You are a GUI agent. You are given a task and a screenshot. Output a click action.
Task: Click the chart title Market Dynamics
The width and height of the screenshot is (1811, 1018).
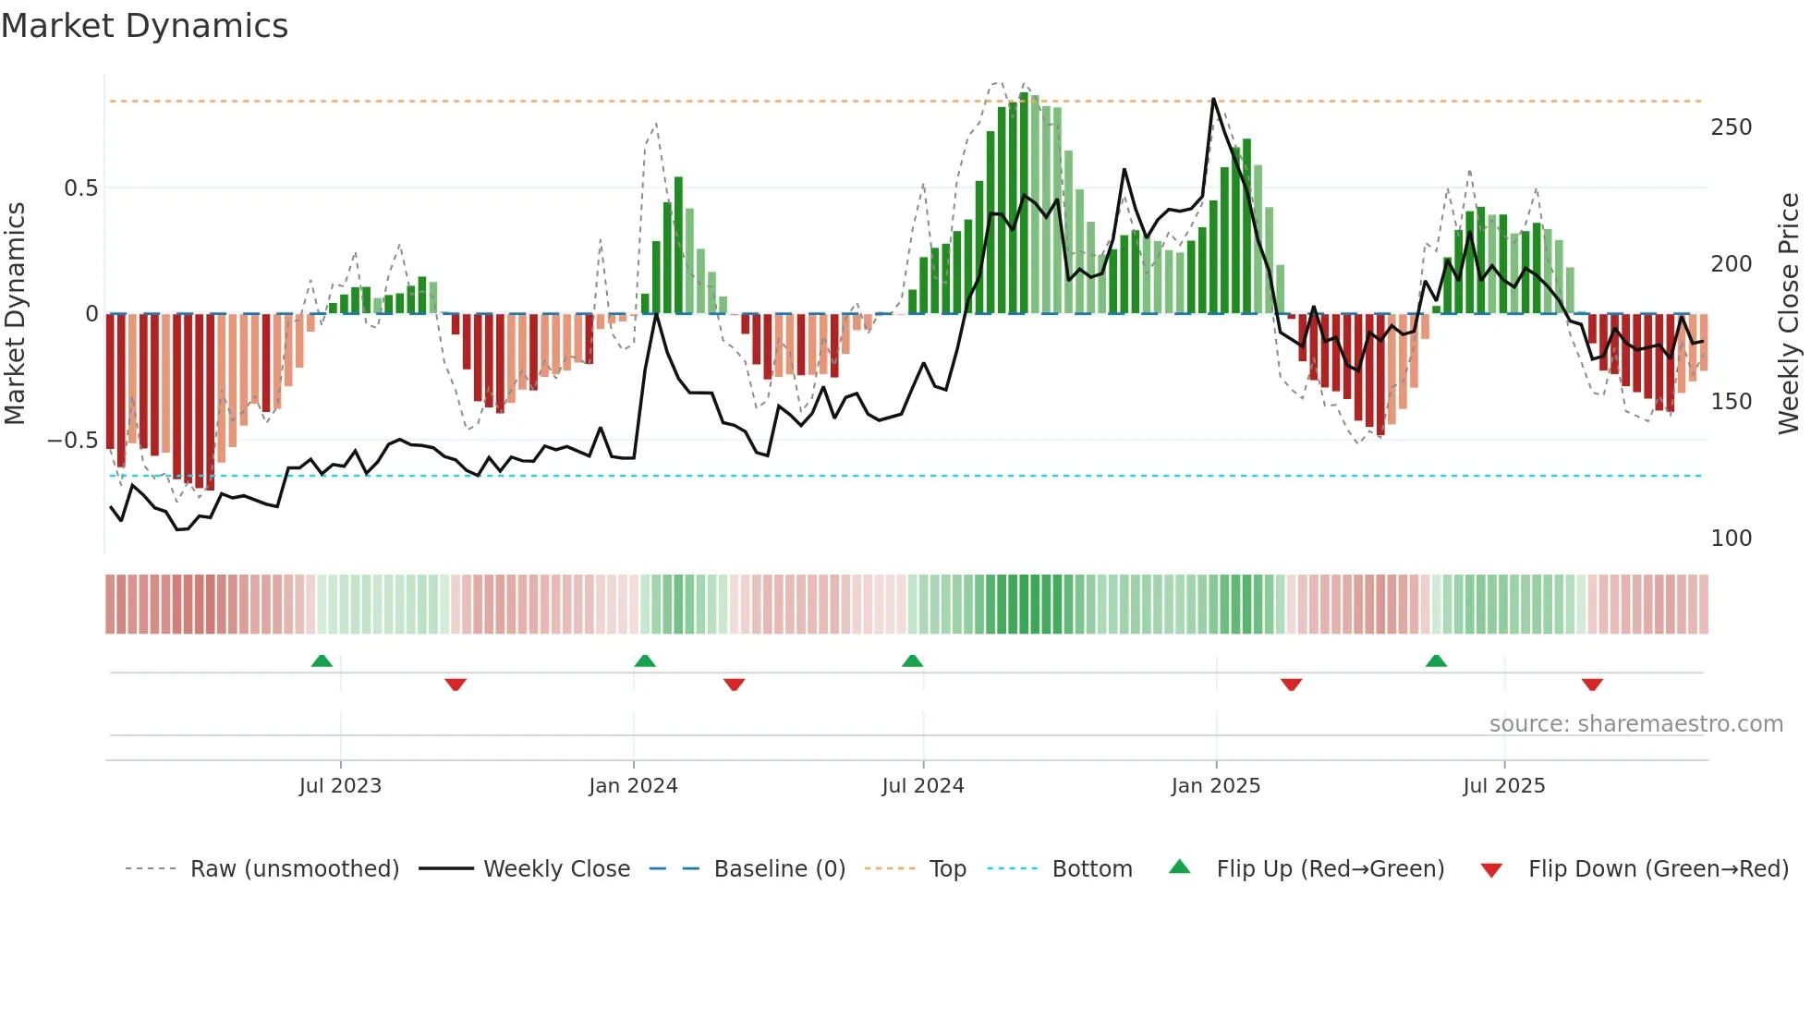point(144,26)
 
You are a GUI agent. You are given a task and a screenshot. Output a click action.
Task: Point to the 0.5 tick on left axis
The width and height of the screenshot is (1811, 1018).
point(80,188)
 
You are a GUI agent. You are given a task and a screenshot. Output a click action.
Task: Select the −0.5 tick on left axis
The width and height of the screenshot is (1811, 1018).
point(72,441)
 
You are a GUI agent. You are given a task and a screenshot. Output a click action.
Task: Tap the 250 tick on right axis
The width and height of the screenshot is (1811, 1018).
point(1731,127)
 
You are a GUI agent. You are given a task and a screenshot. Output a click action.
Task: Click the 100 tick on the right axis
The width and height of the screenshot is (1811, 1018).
point(1731,539)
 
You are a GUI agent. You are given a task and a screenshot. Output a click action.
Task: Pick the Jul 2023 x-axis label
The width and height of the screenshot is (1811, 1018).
point(340,786)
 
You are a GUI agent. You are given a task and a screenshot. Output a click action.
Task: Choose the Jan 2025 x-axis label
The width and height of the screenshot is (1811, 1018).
point(1215,786)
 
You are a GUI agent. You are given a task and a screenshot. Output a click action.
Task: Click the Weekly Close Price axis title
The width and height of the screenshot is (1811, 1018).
point(1789,314)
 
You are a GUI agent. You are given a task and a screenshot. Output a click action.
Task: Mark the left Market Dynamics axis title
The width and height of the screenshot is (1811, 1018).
point(15,314)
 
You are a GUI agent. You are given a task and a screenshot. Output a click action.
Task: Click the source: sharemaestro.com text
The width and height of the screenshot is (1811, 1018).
point(1635,724)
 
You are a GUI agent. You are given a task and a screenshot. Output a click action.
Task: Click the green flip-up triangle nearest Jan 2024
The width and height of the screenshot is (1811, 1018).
point(645,661)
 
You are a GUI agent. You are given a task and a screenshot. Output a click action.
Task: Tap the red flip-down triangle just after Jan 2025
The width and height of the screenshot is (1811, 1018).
point(1291,685)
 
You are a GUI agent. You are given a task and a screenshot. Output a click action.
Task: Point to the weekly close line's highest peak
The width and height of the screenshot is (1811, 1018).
point(1213,100)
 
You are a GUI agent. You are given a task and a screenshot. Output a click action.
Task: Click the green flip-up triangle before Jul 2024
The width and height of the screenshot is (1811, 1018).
point(912,661)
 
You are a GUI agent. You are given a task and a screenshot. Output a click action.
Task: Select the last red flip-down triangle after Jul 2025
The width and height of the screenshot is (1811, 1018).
point(1591,685)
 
